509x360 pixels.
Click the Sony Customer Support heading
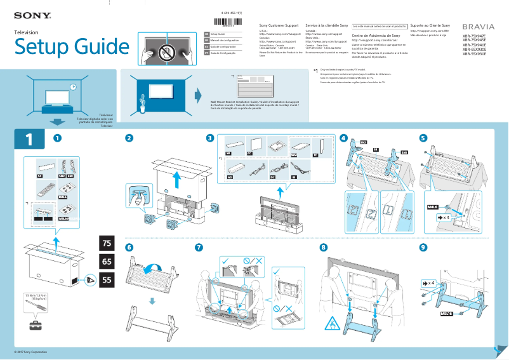click(277, 25)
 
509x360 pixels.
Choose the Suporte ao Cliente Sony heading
click(431, 25)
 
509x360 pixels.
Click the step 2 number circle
click(129, 138)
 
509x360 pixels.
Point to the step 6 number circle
click(129, 247)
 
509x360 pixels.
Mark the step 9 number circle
click(423, 247)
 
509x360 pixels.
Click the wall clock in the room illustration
click(73, 87)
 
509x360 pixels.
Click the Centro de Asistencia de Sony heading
click(376, 36)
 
